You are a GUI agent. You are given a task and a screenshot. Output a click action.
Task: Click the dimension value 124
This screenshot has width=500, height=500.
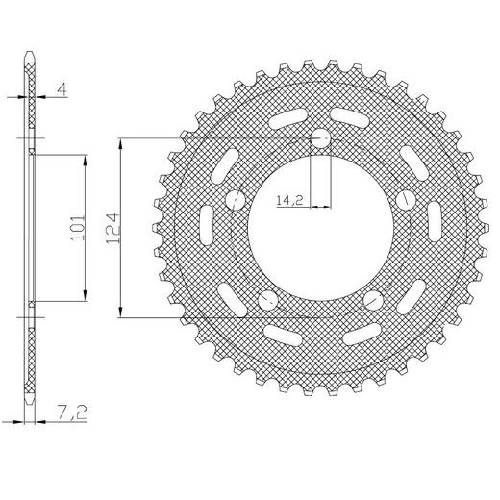112,228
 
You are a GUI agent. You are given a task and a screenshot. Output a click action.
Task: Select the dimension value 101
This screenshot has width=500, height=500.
78,228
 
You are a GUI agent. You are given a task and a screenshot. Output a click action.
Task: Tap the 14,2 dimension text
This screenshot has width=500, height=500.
289,201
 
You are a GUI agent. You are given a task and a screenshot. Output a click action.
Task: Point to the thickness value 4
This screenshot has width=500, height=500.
62,89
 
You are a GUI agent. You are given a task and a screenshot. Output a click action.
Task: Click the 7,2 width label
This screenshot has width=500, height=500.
72,412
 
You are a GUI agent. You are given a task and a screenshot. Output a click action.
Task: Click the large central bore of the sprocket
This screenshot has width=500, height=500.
320,229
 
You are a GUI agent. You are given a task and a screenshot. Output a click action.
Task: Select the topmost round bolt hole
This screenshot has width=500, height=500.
320,138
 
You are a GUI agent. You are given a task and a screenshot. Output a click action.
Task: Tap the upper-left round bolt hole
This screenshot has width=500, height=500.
235,200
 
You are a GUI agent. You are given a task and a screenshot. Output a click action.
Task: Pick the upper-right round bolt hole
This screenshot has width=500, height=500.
406,200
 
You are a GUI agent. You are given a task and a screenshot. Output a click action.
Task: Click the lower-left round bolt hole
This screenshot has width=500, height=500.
267,301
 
